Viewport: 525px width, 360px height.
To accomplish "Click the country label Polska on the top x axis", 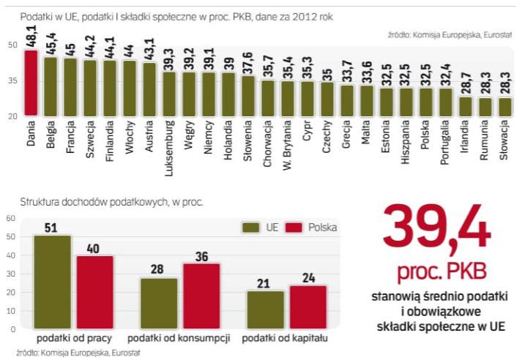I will tap(425, 135).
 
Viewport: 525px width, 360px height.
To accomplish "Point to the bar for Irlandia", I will tap(465, 105).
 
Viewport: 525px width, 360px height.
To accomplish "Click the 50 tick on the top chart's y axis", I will tap(12, 46).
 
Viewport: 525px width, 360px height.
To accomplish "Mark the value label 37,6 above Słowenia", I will tap(248, 61).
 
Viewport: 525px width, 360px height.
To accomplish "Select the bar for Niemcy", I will tap(209, 93).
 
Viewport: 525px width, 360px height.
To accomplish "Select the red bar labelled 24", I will tap(308, 307).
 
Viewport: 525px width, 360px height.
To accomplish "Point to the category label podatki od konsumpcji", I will tap(179, 338).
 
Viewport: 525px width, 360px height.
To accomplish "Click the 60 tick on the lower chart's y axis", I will tap(11, 218).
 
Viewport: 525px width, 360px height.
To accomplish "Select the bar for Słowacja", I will tap(504, 106).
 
